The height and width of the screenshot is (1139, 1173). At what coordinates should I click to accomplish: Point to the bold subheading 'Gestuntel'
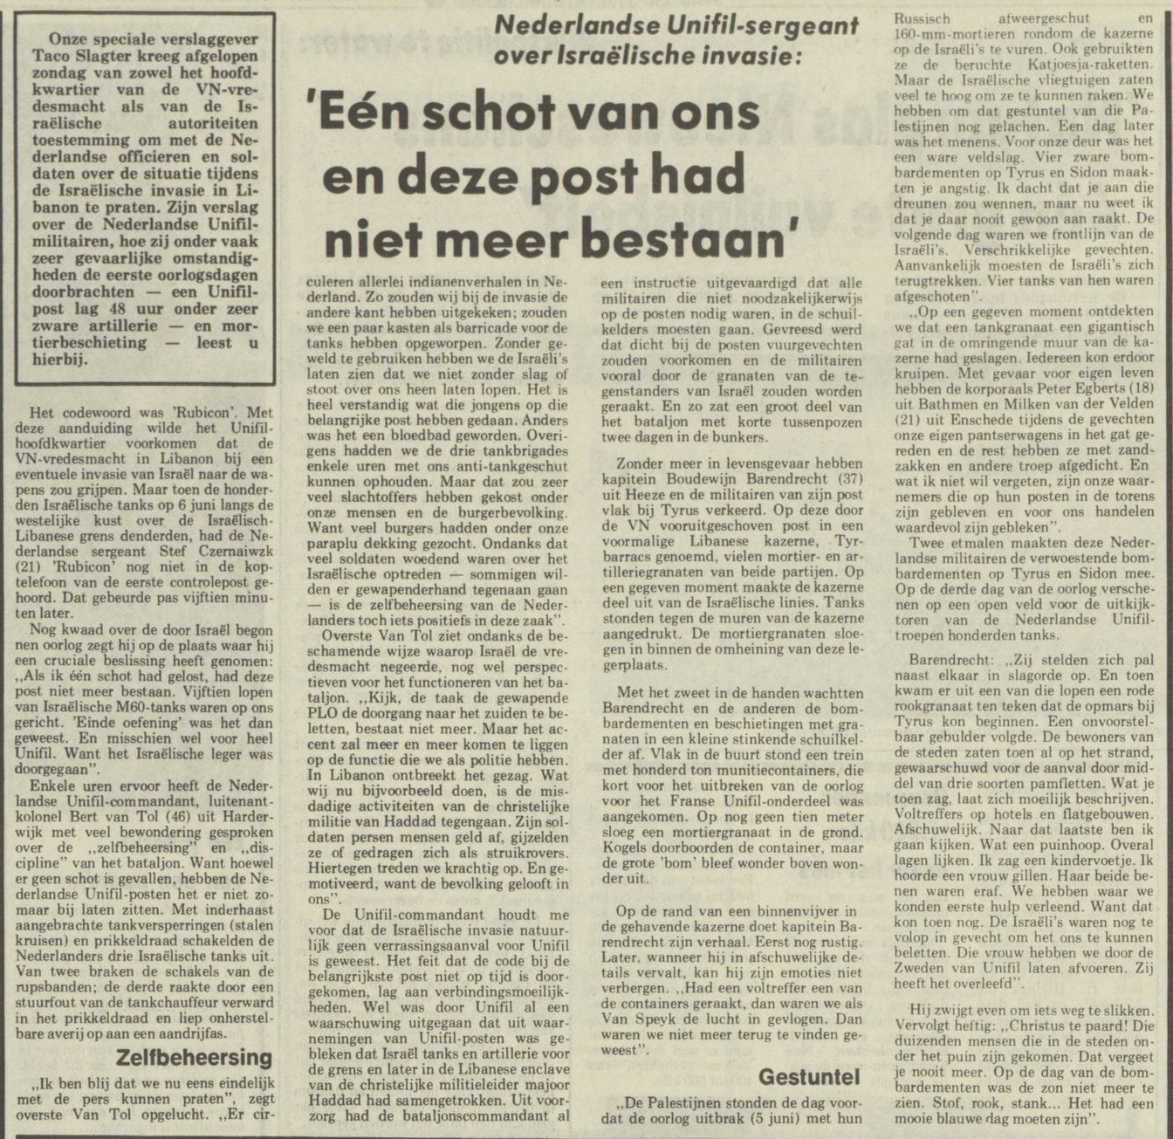[809, 1075]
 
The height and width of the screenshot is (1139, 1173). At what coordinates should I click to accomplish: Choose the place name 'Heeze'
[639, 495]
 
